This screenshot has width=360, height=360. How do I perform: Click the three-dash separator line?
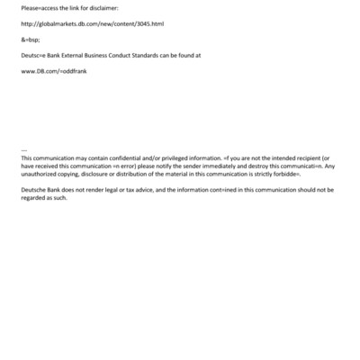point(23,149)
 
